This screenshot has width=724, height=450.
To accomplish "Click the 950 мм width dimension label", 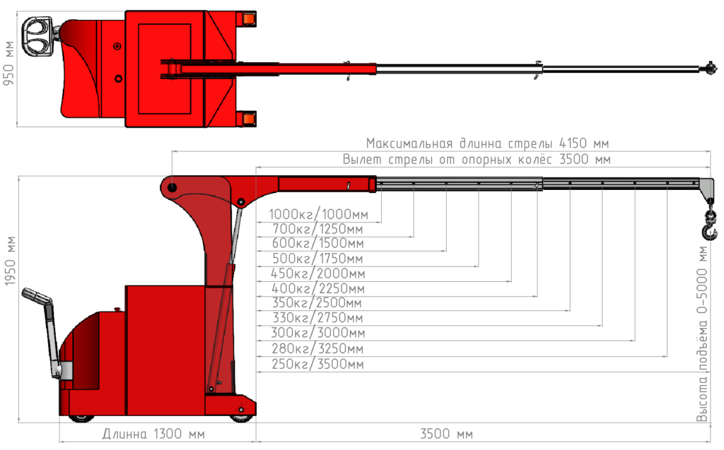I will (9, 64).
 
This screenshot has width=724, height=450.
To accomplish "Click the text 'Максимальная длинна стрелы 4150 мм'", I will (487, 143).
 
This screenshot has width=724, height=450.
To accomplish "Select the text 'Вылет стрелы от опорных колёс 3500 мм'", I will (476, 160).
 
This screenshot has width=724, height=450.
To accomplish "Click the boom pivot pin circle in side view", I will (172, 187).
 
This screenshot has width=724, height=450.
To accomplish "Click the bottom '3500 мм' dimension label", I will (446, 433).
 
